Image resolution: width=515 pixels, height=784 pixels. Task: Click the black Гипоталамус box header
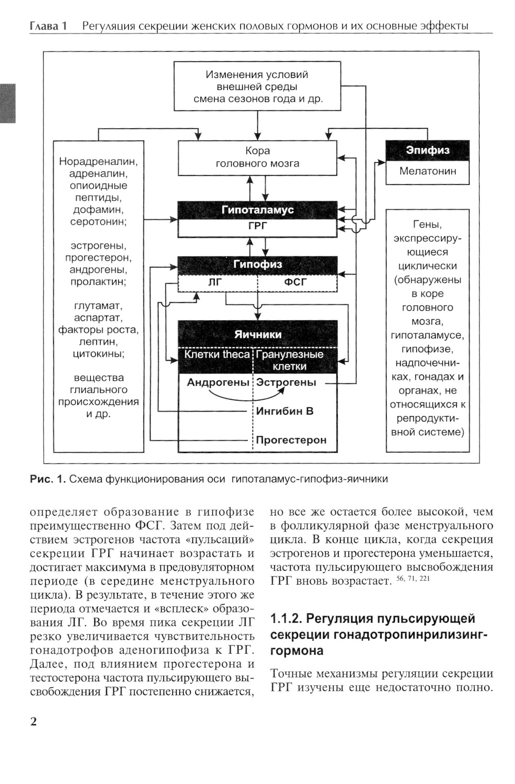(257, 210)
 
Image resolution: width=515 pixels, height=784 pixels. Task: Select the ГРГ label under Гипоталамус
(257, 226)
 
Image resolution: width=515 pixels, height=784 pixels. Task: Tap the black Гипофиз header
(257, 264)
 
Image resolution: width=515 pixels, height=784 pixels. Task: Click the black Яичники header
(257, 334)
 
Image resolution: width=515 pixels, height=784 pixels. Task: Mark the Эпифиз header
(427, 150)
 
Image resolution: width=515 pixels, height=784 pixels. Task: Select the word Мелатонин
(427, 172)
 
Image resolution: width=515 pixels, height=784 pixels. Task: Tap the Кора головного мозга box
(257, 157)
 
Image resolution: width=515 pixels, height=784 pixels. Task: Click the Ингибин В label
(285, 411)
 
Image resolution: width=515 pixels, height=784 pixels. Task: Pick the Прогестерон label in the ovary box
(291, 440)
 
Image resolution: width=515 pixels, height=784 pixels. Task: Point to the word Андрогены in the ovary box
(218, 382)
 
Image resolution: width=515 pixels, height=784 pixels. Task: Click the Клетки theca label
(217, 354)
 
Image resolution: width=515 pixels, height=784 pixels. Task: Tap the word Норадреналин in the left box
(98, 161)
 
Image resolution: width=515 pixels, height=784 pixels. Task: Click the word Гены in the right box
(427, 225)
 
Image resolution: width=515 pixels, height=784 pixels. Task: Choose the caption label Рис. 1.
(48, 479)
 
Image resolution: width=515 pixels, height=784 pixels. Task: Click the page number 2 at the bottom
(34, 721)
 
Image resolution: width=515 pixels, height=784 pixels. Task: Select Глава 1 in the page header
(48, 26)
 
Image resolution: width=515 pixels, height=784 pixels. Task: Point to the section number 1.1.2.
(285, 619)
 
